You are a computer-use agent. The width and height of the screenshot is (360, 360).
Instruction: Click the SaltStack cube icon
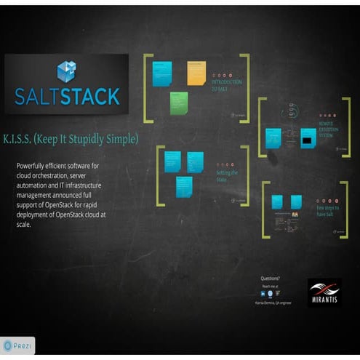[66, 71]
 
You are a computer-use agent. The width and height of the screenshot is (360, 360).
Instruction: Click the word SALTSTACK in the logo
[66, 96]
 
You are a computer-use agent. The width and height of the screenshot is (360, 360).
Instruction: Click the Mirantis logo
[324, 292]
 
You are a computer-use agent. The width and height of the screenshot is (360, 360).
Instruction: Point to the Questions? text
[270, 278]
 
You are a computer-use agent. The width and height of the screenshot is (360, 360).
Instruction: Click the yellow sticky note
[196, 73]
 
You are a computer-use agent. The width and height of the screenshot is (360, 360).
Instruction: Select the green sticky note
[179, 102]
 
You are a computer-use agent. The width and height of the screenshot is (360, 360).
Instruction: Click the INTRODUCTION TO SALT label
[226, 86]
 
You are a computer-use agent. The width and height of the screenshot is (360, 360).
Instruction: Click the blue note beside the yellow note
[162, 73]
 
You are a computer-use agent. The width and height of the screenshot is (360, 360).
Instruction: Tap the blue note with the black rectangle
[308, 138]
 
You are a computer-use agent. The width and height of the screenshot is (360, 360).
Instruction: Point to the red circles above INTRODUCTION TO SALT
[223, 75]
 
